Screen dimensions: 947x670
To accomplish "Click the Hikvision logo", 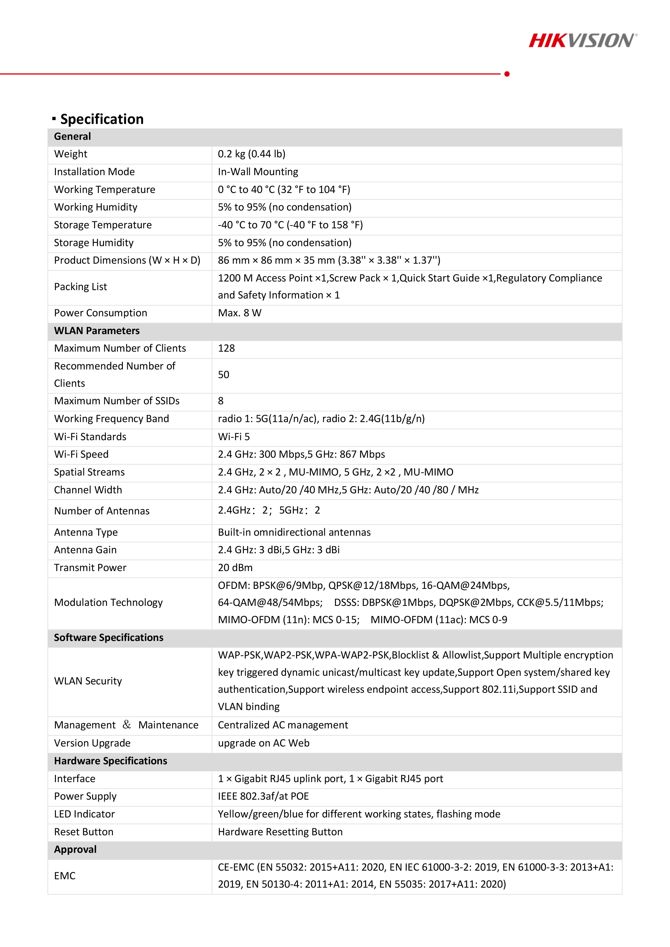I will point(583,40).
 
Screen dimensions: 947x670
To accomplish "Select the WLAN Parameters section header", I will point(97,331).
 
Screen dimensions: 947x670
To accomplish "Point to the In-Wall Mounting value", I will point(258,172).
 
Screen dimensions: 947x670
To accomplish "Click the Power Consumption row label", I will point(100,313).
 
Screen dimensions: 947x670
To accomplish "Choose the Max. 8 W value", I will point(240,313).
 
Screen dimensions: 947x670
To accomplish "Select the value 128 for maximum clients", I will point(226,348).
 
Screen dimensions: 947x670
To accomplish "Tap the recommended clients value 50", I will point(223,375).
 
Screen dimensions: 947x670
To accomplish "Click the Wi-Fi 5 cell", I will point(234,436).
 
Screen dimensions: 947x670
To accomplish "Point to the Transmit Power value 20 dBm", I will point(235,568).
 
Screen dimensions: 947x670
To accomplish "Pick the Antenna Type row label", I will point(86,532).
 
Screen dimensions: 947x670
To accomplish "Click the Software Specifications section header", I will point(109,638).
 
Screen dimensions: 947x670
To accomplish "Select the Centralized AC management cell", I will point(283,725).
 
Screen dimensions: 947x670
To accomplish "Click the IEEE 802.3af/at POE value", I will point(263,796).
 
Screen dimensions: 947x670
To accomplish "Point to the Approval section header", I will point(75,849).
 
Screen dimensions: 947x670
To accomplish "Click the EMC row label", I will point(65,876).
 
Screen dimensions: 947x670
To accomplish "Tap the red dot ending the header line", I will point(507,74).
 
